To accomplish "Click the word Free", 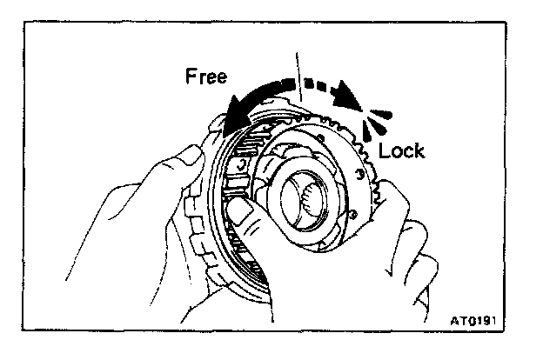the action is pyautogui.click(x=205, y=77).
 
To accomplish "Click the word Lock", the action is pyautogui.click(x=401, y=150).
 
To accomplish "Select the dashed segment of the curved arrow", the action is pyautogui.click(x=318, y=85).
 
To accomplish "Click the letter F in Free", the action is pyautogui.click(x=191, y=77).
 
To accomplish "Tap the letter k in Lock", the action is pyautogui.click(x=419, y=150).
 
